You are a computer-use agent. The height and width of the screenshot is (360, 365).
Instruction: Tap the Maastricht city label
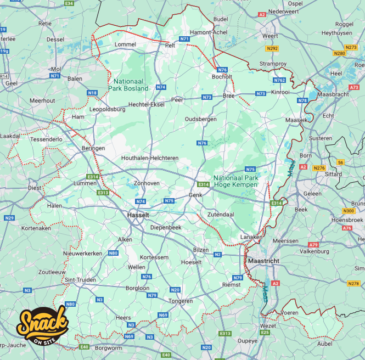tap(263, 261)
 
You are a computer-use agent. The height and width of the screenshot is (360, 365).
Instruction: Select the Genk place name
tap(195, 195)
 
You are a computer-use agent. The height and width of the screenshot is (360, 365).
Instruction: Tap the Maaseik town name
tap(297, 120)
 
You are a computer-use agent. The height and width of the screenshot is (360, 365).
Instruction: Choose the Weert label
tap(270, 36)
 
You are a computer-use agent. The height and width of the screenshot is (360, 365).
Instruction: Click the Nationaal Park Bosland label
tap(128, 85)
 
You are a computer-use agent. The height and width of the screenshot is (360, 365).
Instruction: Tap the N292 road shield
tap(272, 49)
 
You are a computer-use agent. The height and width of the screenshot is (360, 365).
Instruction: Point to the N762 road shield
tap(279, 80)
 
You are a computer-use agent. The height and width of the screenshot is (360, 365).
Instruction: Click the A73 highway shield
tap(354, 87)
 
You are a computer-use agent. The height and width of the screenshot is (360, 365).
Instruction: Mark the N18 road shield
tap(92, 93)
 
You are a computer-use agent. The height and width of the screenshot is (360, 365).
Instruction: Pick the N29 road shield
tap(9, 218)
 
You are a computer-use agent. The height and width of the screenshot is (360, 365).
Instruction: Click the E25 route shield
tap(265, 332)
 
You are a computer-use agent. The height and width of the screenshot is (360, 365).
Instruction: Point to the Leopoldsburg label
tap(108, 109)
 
